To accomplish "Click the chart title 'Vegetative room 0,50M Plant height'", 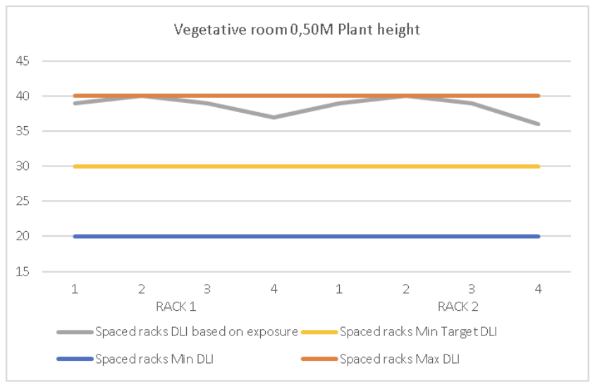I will [x=297, y=30].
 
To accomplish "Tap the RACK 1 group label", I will [x=175, y=307].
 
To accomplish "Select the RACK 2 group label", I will [x=458, y=307].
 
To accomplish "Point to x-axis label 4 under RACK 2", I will [x=539, y=290].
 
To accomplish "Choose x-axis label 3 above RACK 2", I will [x=472, y=290].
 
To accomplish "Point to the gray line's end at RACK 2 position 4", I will [x=539, y=124].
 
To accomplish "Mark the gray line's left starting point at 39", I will [x=75, y=103].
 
